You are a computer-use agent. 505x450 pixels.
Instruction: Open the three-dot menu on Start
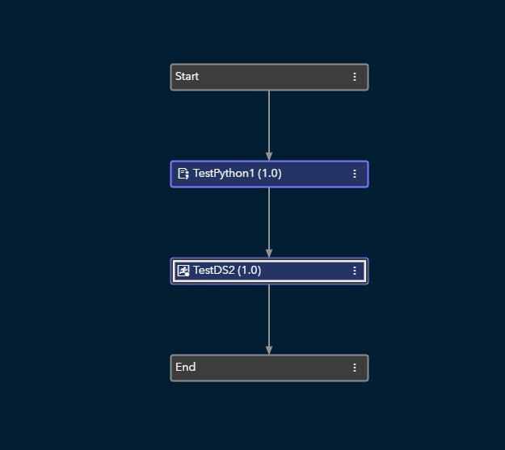(x=355, y=77)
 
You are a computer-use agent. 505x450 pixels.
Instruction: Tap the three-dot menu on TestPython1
(x=355, y=174)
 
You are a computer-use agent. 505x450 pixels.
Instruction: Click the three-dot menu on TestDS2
(x=355, y=271)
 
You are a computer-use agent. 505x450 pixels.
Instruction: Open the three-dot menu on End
(x=355, y=368)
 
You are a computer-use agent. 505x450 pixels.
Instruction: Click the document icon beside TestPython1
(x=183, y=174)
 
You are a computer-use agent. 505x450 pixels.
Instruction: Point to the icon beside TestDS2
(x=183, y=271)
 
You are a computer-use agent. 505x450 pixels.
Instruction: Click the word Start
(x=187, y=77)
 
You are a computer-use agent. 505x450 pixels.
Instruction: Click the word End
(x=186, y=367)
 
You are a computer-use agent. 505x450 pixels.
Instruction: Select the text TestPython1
(x=224, y=174)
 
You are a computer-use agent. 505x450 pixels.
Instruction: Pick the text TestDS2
(x=213, y=271)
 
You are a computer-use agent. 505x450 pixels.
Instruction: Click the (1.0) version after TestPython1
(x=270, y=174)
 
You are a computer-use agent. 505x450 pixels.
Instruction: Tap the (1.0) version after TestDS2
(x=250, y=271)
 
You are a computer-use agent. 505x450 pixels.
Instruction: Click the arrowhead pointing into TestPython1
(x=269, y=156)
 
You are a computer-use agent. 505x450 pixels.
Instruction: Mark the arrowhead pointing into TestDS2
(x=269, y=253)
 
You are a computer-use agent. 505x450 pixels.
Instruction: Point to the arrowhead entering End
(x=269, y=350)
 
